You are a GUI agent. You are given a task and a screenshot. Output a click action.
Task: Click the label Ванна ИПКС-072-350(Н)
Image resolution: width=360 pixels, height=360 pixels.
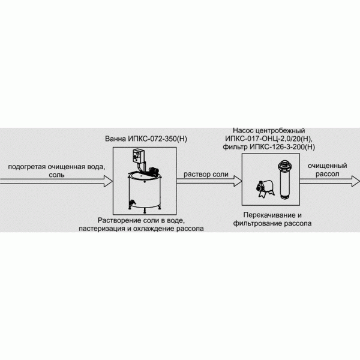tap(146, 139)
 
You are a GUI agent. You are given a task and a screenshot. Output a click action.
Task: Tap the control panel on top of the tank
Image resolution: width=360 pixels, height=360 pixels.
tap(138, 156)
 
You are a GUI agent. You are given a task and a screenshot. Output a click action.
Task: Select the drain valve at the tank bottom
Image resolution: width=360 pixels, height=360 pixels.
tap(132, 202)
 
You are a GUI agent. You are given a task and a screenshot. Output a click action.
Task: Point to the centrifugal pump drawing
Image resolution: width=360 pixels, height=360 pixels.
tap(265, 189)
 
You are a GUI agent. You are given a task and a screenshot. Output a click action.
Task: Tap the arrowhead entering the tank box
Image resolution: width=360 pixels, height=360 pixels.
tap(109, 181)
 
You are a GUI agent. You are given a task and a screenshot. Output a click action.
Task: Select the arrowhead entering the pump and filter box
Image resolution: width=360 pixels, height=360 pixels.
tap(238, 181)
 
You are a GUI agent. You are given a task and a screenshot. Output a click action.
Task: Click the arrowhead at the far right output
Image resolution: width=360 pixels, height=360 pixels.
tap(356, 181)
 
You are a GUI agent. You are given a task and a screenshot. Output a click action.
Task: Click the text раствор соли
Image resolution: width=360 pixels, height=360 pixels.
tap(206, 175)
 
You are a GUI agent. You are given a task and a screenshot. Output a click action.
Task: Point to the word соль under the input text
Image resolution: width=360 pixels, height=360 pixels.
tap(57, 175)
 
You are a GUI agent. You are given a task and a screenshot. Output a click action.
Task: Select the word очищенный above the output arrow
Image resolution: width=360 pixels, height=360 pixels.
tap(328, 166)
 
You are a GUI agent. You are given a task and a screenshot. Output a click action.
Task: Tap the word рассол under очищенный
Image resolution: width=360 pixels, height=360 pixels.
tap(328, 174)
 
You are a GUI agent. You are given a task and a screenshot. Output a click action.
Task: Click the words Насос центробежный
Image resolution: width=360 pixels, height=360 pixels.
tap(269, 131)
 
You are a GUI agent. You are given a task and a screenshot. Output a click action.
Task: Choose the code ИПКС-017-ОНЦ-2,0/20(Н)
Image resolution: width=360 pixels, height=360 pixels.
tap(269, 139)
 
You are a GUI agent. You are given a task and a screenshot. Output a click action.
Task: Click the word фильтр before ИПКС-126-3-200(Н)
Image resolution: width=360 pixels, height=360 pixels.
tap(235, 147)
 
